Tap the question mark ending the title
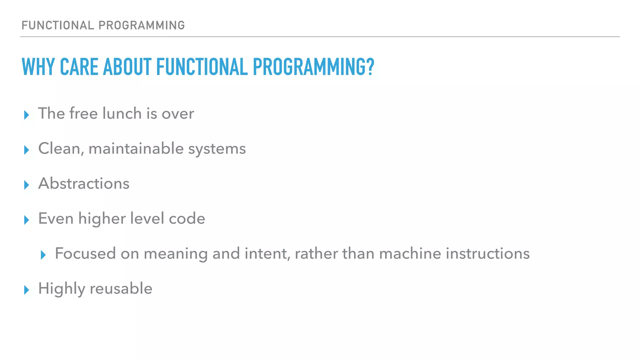coord(370,67)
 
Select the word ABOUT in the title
coord(127,67)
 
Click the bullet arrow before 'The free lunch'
coord(27,115)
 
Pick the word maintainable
coord(136,148)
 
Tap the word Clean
coord(61,148)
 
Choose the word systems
coord(217,149)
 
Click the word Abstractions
coord(84,183)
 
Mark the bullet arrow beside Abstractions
coord(27,185)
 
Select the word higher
coord(102,218)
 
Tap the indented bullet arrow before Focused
coord(43,255)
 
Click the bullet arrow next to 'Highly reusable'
coord(27,290)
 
